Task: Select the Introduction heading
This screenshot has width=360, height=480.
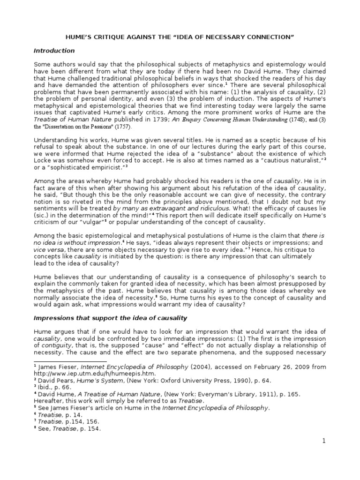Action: point(54,51)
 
